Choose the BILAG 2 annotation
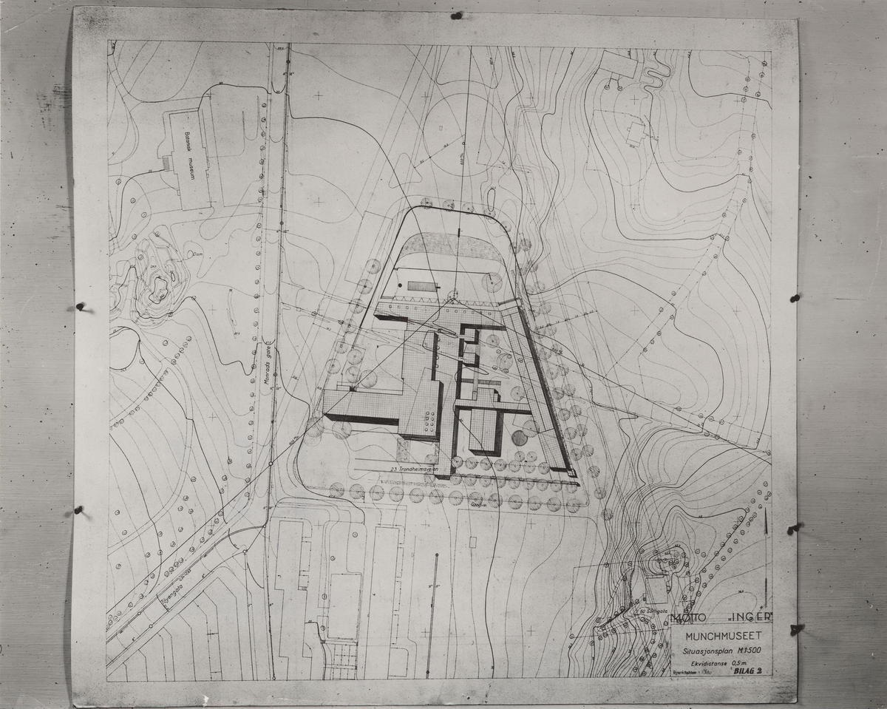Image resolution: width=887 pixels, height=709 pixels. point(748,671)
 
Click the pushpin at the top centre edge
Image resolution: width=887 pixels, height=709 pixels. point(456,16)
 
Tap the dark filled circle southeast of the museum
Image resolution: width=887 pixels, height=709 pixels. point(520,438)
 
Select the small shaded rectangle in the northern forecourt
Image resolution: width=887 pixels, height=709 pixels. point(422,285)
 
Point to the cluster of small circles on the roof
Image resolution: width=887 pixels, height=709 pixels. point(429,422)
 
